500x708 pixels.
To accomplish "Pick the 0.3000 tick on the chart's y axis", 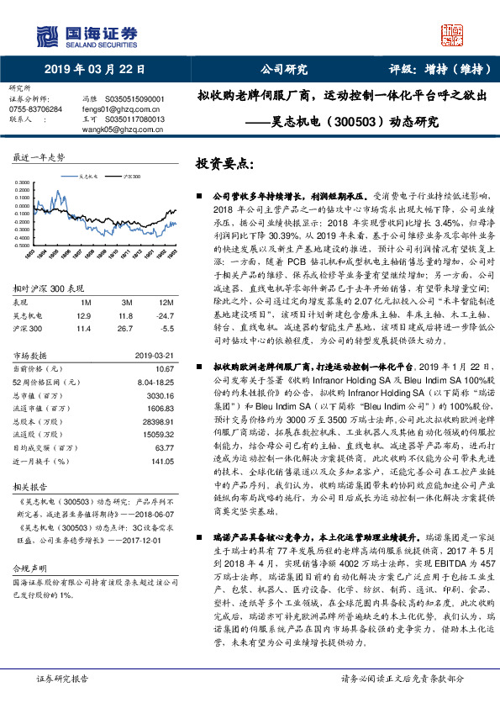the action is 23,182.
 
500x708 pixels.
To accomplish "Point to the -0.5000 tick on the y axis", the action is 22,245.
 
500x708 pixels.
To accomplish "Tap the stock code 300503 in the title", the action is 361,121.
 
